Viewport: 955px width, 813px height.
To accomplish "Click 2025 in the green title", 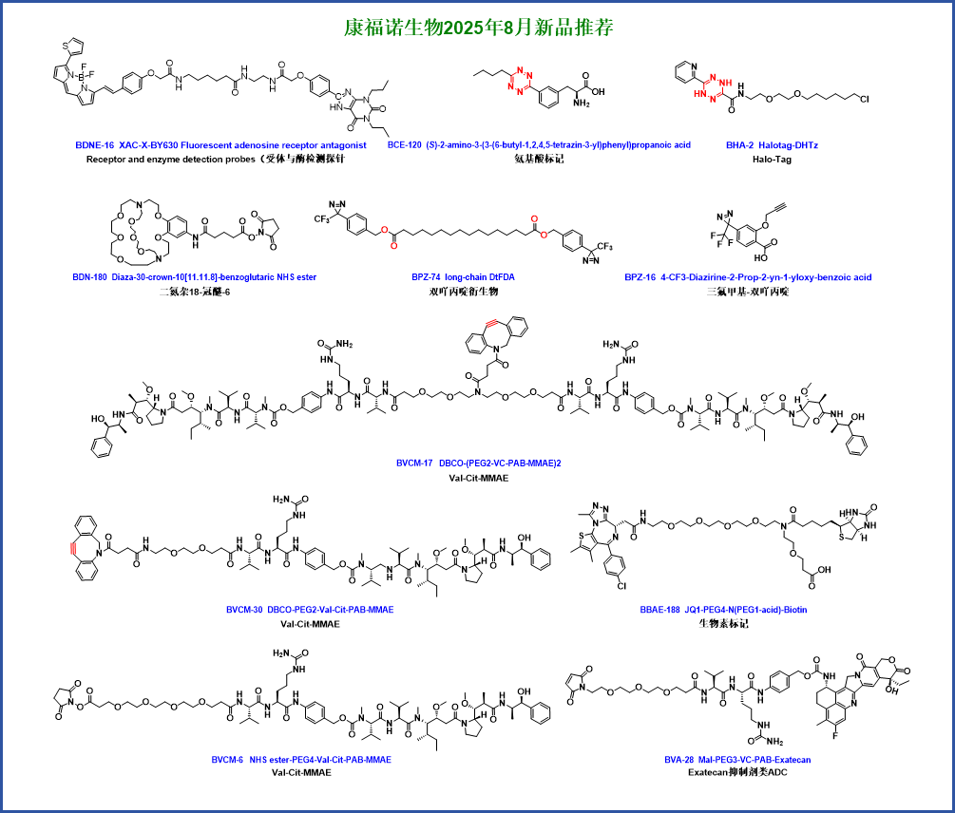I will (463, 28).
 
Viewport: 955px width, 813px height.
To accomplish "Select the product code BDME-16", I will (94, 146).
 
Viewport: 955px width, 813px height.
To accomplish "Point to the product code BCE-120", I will (404, 145).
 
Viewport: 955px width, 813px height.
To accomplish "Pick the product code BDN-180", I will (90, 278).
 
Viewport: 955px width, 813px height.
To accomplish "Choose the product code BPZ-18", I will (640, 278).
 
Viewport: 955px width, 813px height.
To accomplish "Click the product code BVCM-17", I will (414, 463).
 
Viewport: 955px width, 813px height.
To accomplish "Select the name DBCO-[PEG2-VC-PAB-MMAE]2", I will (500, 463).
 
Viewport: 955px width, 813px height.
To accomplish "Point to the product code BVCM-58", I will (243, 611).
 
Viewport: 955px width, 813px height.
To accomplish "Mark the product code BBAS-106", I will (659, 611).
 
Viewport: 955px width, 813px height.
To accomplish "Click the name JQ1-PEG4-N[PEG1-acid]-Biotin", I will (746, 611).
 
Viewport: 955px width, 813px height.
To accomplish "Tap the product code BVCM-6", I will (227, 761).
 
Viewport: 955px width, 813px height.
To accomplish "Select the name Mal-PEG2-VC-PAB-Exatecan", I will (754, 761).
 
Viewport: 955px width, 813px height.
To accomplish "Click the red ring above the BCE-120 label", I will (519, 81).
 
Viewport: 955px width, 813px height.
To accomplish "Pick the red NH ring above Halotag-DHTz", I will (713, 87).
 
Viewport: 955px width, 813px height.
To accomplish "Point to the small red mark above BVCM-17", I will (491, 324).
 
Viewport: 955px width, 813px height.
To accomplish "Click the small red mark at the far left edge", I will (73, 548).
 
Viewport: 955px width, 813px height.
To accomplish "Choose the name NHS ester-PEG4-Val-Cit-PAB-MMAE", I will (320, 761).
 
